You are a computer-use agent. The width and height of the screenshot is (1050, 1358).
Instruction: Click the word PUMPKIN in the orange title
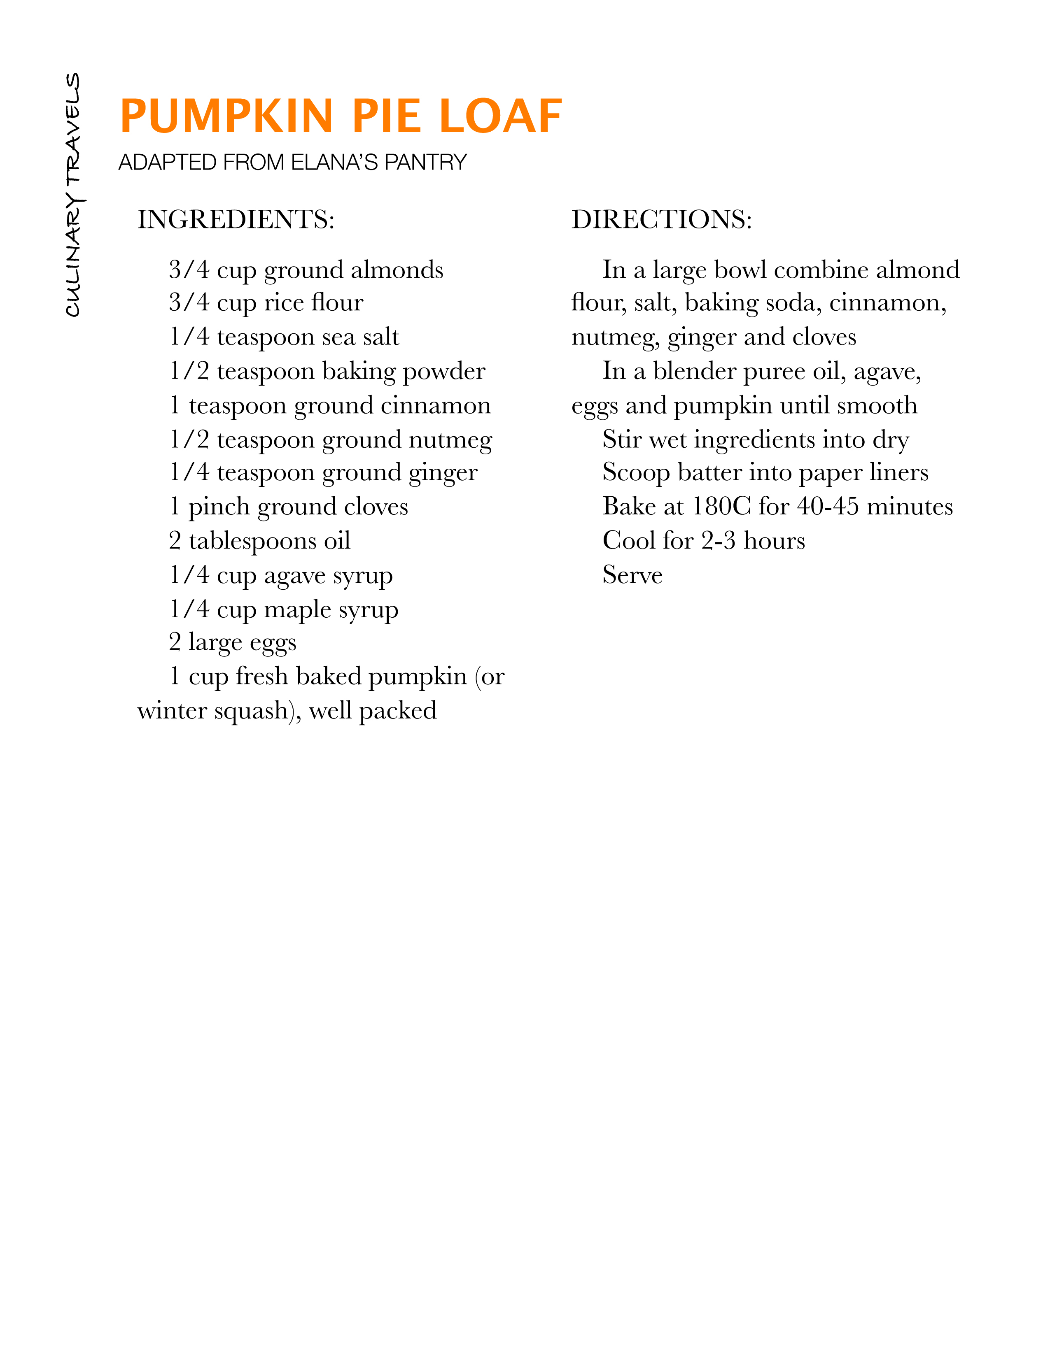(x=226, y=116)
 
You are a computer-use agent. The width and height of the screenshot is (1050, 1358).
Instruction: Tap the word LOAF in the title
(x=501, y=116)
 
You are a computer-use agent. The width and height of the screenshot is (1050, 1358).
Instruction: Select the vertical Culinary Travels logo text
(x=73, y=195)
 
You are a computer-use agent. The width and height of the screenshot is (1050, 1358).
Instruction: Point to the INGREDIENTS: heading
(x=236, y=219)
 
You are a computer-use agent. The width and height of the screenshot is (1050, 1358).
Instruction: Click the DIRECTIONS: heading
(x=661, y=219)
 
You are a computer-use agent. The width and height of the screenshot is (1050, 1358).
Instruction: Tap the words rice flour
(x=313, y=303)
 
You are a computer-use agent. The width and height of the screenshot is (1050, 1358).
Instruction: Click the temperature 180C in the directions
(x=721, y=507)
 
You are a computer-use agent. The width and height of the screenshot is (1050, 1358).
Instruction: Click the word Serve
(x=632, y=575)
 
